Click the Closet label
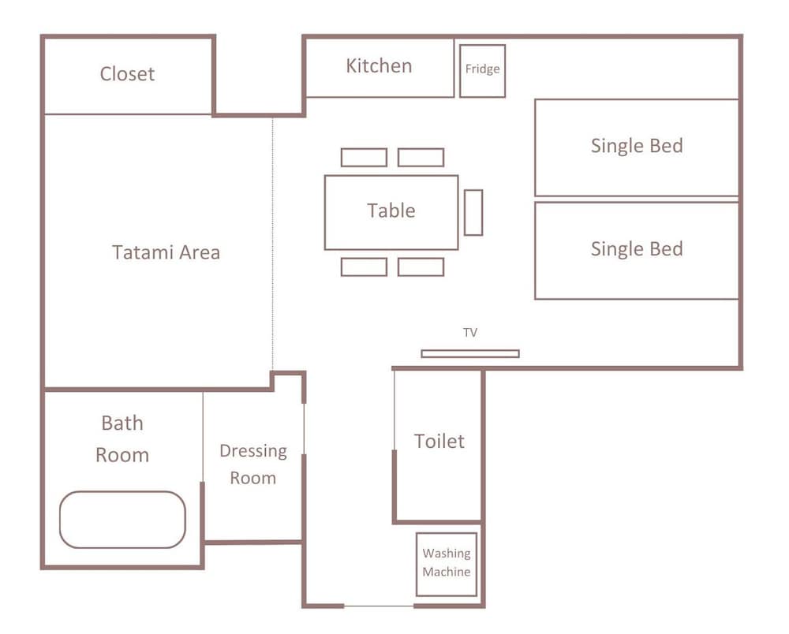pos(127,74)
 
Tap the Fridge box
pos(482,71)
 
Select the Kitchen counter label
pos(379,66)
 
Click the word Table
pos(391,211)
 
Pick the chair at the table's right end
pos(473,213)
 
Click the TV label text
pos(470,332)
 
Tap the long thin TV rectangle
pos(470,353)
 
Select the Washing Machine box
pos(447,564)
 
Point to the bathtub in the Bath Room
pos(122,520)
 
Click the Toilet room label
pos(439,441)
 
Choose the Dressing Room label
pos(253,464)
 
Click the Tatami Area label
pos(166,252)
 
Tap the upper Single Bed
pos(637,147)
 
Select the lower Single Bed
pos(637,251)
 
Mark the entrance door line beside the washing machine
pos(379,606)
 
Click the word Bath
pos(122,423)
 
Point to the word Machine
pos(447,572)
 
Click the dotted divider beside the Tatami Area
pos(273,244)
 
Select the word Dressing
pos(253,452)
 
